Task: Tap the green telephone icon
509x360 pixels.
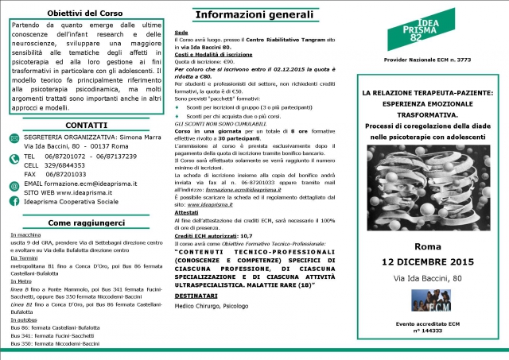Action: click(16, 158)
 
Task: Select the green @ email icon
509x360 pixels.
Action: click(16, 183)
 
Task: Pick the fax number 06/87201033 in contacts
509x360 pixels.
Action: click(72, 173)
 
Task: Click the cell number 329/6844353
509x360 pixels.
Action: click(72, 165)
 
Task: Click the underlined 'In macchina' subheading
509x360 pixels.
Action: click(25, 236)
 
